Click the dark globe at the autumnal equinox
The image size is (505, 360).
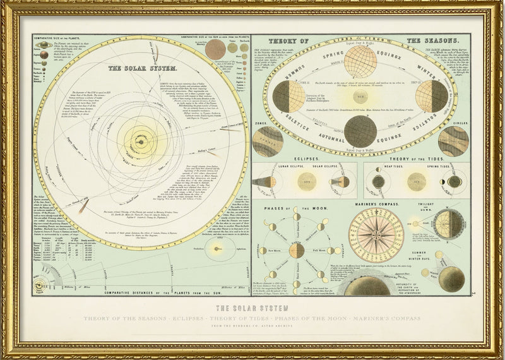tap(361, 131)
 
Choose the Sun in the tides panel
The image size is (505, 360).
tap(415, 182)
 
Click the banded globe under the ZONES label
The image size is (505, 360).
tap(268, 141)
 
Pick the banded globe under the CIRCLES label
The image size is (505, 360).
tap(453, 140)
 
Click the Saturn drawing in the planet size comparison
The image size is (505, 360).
tap(44, 45)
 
